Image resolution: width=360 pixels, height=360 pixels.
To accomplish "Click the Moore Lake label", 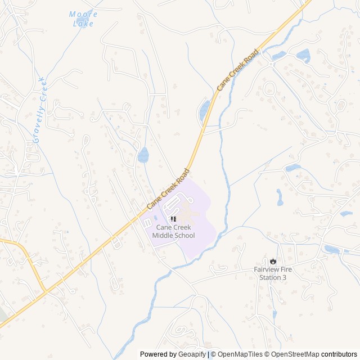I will [83, 19].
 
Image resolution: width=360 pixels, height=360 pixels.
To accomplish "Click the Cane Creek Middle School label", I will [173, 231].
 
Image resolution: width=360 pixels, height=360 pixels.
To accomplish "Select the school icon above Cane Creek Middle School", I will [173, 218].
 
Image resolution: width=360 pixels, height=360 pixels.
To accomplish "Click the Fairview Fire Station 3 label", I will [273, 273].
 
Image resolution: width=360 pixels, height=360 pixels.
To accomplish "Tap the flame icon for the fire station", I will [273, 261].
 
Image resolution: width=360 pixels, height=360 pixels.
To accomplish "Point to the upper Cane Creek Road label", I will [238, 70].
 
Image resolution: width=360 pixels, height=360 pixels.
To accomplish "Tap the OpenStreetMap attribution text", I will [292, 354].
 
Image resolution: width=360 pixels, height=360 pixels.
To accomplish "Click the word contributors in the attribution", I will [339, 354].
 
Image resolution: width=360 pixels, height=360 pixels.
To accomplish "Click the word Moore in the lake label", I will [83, 14].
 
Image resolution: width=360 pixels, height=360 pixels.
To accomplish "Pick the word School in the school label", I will [184, 235].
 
